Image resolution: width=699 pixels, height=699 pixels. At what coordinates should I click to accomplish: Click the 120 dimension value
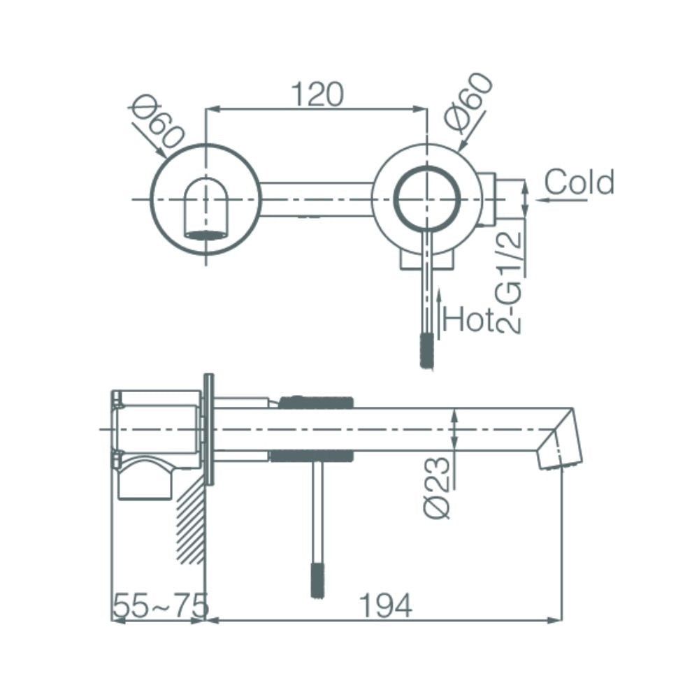click(317, 94)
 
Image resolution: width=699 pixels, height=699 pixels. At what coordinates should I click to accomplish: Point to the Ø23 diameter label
click(437, 488)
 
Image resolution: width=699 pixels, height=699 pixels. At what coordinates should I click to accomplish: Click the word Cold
click(579, 182)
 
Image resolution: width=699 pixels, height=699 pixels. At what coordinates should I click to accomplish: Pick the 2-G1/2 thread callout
click(508, 282)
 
